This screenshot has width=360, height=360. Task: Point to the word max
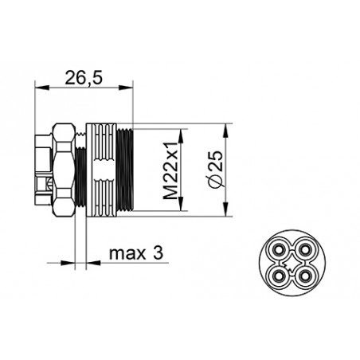click(123, 254)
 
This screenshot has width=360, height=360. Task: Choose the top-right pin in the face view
click(303, 252)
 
